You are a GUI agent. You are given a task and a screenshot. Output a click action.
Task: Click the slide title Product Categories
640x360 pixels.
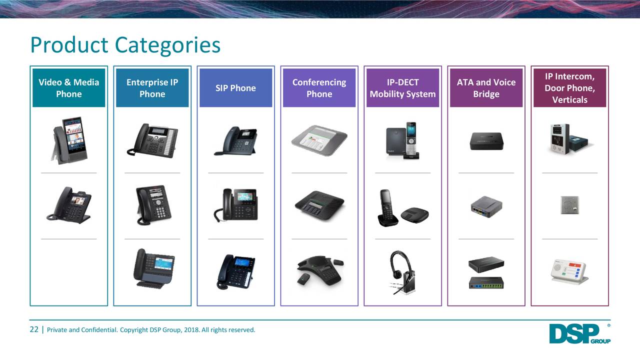(x=125, y=45)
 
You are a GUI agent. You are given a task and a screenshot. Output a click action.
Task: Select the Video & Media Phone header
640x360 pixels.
(x=69, y=88)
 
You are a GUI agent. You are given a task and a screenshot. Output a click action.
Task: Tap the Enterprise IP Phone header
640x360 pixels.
(x=152, y=88)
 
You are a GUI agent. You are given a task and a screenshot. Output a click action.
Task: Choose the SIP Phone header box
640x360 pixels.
(x=235, y=88)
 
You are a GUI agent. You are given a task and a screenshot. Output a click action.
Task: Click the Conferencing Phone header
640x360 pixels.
(x=319, y=88)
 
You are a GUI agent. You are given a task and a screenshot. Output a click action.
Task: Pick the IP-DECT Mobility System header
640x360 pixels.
(x=402, y=88)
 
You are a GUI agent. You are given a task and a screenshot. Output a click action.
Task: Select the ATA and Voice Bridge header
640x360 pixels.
(x=486, y=88)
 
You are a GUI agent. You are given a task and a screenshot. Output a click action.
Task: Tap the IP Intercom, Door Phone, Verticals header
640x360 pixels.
(x=569, y=88)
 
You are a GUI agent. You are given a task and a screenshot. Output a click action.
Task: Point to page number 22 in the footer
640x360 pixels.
(x=34, y=329)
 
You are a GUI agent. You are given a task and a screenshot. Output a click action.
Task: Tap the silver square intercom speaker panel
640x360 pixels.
(x=569, y=204)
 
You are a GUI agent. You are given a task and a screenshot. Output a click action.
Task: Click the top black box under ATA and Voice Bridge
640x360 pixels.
(x=486, y=140)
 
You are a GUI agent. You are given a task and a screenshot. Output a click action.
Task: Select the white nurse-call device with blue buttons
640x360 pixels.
(x=569, y=270)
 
